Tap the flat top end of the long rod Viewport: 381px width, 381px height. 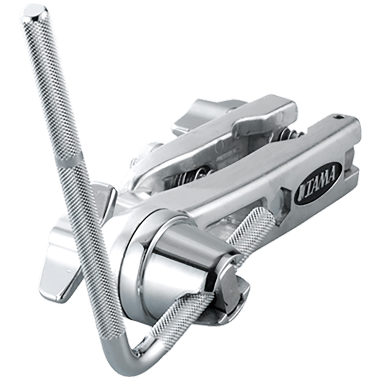click(35, 12)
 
